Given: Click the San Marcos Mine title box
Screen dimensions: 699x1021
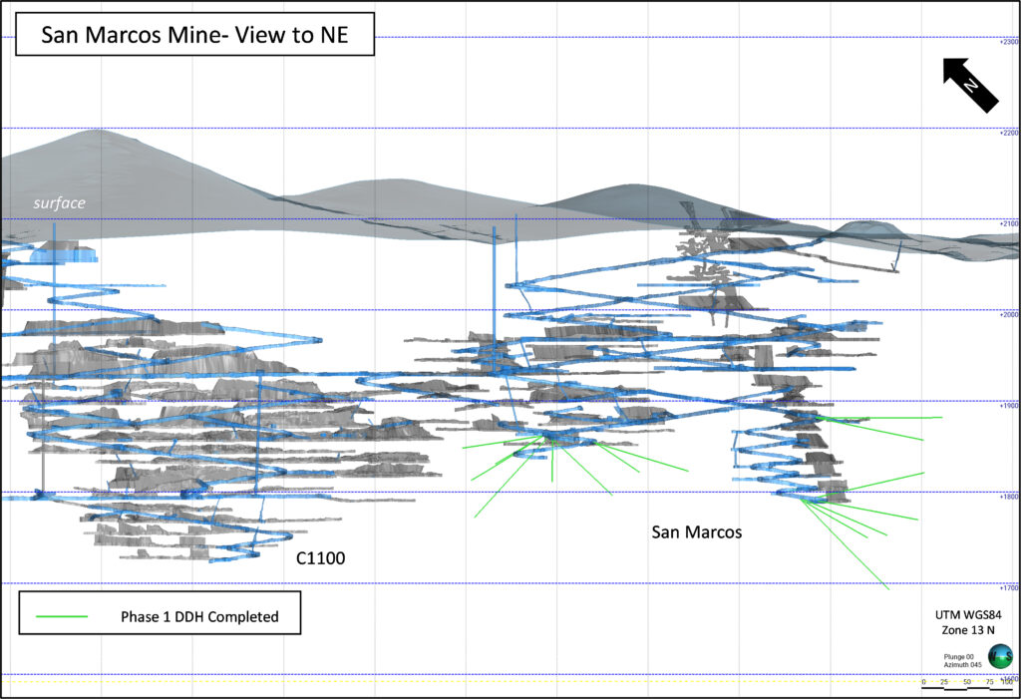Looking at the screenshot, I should point(193,37).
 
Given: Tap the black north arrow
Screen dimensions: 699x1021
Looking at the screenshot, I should point(970,85).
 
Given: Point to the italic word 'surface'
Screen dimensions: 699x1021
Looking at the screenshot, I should point(59,203).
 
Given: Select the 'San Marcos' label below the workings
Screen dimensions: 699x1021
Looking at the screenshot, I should point(697,531).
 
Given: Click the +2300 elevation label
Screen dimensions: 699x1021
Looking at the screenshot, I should point(1008,42).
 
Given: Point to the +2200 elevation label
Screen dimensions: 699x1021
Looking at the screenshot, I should point(1008,133).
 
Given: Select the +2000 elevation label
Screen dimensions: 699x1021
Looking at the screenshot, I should point(1008,314).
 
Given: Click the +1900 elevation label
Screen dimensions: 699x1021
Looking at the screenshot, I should point(1008,406).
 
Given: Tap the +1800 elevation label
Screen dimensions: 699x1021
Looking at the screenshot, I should point(1008,497).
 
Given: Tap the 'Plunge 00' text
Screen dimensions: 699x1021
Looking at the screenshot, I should point(960,655).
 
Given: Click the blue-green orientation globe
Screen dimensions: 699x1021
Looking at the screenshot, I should point(999,655).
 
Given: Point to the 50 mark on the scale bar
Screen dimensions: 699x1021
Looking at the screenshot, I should point(966,682).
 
